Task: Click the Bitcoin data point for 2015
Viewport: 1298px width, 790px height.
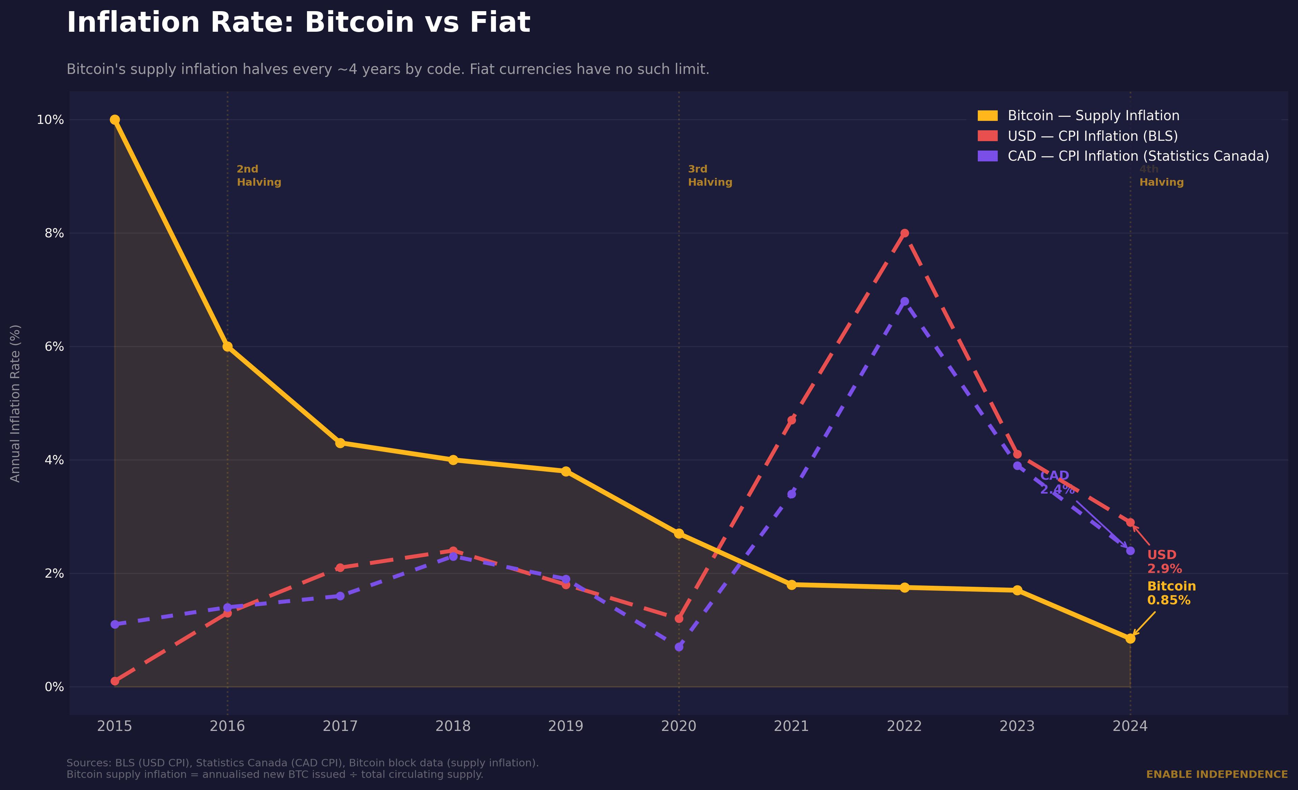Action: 115,120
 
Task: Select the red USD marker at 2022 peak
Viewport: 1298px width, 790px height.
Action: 905,233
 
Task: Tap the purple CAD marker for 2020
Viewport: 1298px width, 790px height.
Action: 679,647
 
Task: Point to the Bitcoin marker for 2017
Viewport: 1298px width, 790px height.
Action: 340,443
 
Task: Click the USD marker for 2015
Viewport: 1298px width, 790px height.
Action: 115,681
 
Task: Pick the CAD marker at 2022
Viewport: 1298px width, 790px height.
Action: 905,301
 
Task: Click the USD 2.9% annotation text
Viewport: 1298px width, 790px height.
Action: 1164,562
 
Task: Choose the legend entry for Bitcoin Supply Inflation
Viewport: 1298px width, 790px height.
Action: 1093,116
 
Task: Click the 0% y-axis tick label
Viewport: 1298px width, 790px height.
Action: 54,687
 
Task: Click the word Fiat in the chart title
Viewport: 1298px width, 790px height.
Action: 499,23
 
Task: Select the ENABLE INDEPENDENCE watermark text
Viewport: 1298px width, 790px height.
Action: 1217,774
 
